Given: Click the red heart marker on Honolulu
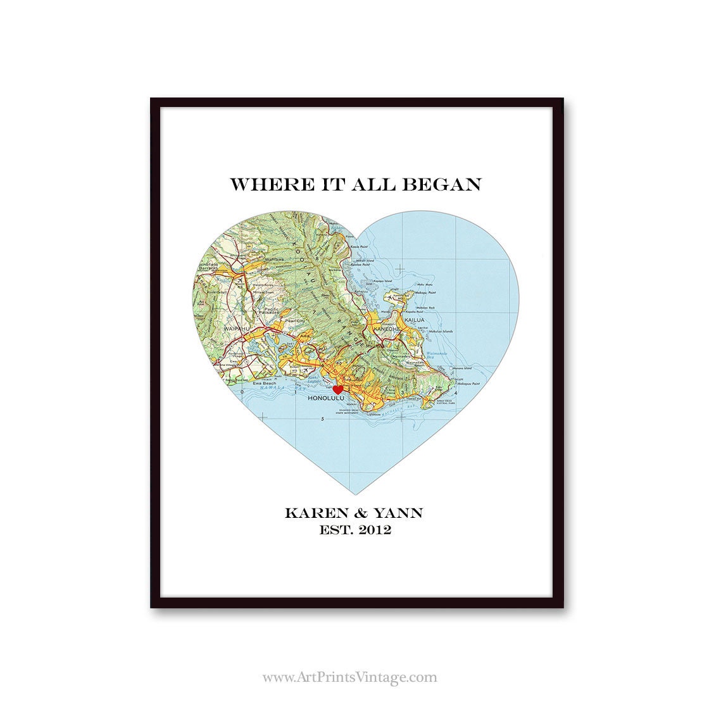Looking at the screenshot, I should (x=338, y=389).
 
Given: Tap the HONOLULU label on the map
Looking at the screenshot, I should (x=325, y=399).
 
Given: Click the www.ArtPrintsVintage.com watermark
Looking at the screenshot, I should (x=349, y=677).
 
